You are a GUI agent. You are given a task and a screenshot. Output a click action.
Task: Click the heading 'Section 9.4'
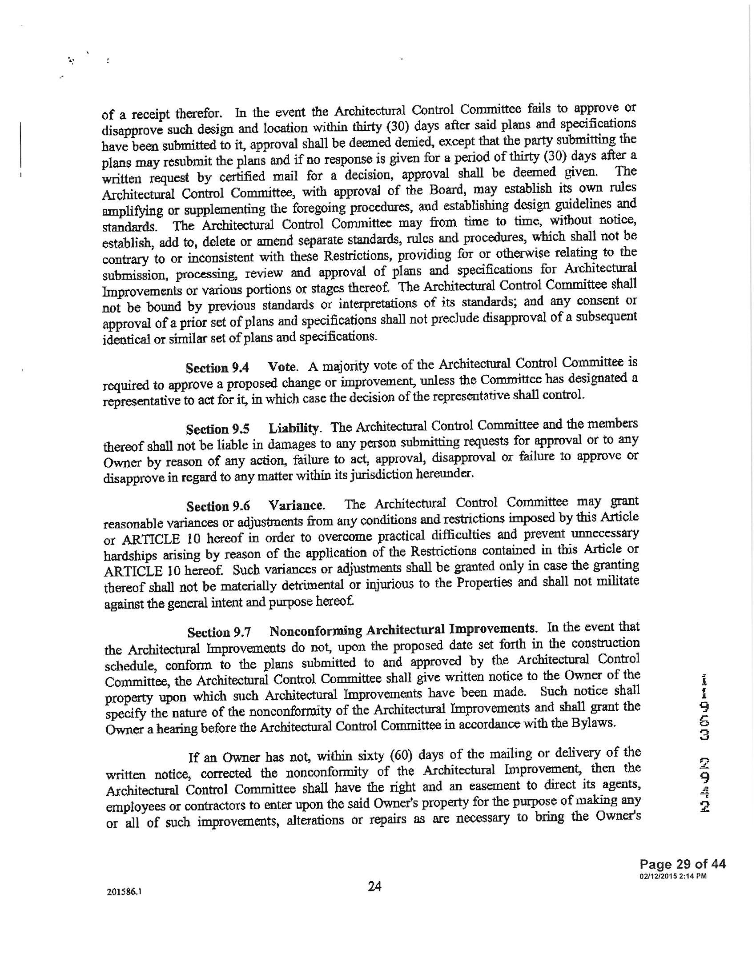tap(217, 368)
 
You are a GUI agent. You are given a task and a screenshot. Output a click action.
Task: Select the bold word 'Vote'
tap(281, 367)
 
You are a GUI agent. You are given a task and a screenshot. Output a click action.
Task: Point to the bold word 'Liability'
tap(294, 428)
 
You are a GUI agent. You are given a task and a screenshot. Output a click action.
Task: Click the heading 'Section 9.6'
tap(218, 506)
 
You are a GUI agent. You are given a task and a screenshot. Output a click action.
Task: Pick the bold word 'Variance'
tap(296, 505)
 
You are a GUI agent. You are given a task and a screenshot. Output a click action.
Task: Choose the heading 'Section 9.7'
tap(219, 632)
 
